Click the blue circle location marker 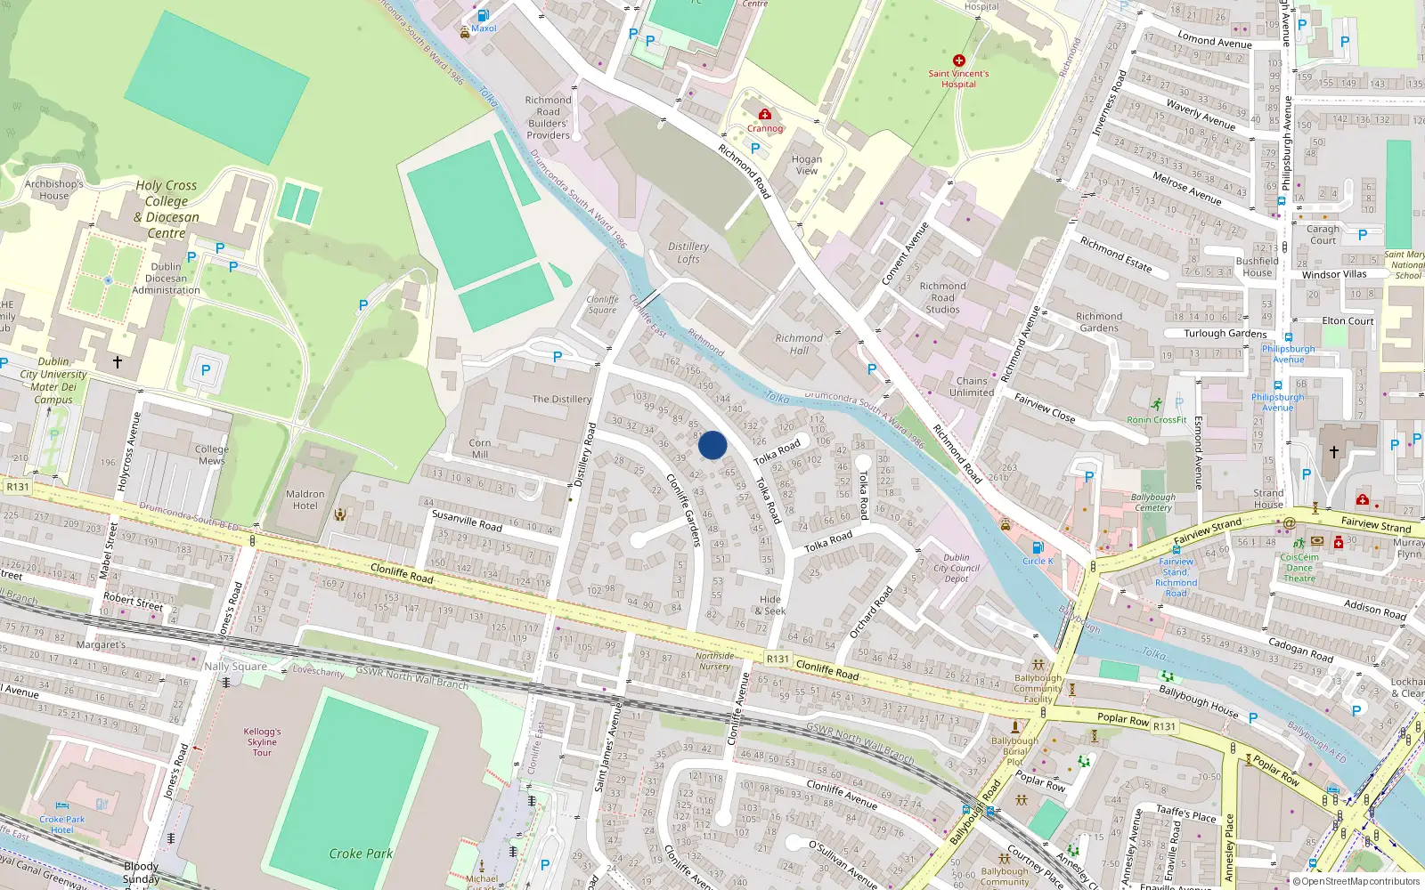click(712, 445)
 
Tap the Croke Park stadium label click(361, 854)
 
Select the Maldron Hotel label click(305, 499)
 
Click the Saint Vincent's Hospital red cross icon click(958, 61)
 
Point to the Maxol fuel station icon click(483, 15)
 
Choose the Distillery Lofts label click(688, 253)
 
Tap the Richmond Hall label click(799, 344)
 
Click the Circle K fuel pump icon click(1037, 548)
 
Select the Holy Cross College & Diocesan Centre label click(167, 209)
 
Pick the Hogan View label click(806, 165)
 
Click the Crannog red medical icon click(764, 114)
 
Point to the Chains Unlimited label click(972, 386)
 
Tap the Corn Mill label click(480, 448)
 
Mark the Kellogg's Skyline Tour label click(262, 741)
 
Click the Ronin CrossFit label click(1157, 420)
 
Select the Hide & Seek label click(770, 605)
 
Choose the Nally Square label click(235, 666)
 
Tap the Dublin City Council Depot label click(957, 568)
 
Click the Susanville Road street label click(467, 520)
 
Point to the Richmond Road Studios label click(942, 297)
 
